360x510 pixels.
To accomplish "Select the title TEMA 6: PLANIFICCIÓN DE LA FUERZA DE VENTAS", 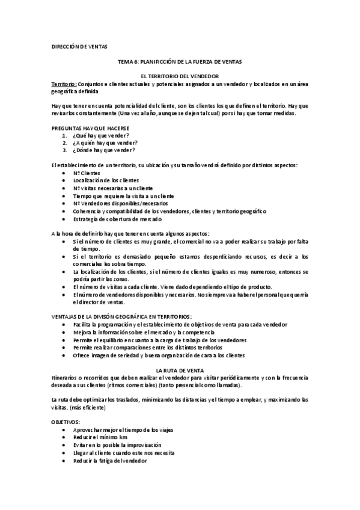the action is point(180,62).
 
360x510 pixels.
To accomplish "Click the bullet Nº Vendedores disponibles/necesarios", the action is point(117,203).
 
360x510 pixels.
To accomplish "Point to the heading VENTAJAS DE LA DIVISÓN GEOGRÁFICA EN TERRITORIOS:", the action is point(123,316).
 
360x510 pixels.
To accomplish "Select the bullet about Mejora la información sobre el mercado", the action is point(144,332).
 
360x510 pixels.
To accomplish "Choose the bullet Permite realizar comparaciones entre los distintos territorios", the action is point(148,348).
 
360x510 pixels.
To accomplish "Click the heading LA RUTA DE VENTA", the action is point(180,370).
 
